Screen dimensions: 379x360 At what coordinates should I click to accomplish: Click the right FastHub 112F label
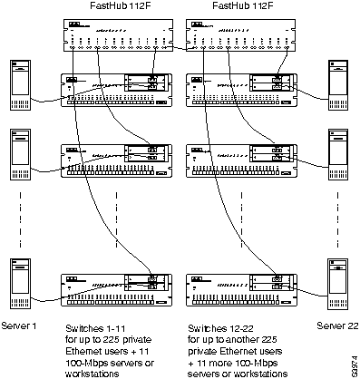point(238,6)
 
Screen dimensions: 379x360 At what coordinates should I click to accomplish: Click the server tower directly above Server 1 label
point(21,286)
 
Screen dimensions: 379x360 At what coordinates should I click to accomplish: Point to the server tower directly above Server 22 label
point(336,286)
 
